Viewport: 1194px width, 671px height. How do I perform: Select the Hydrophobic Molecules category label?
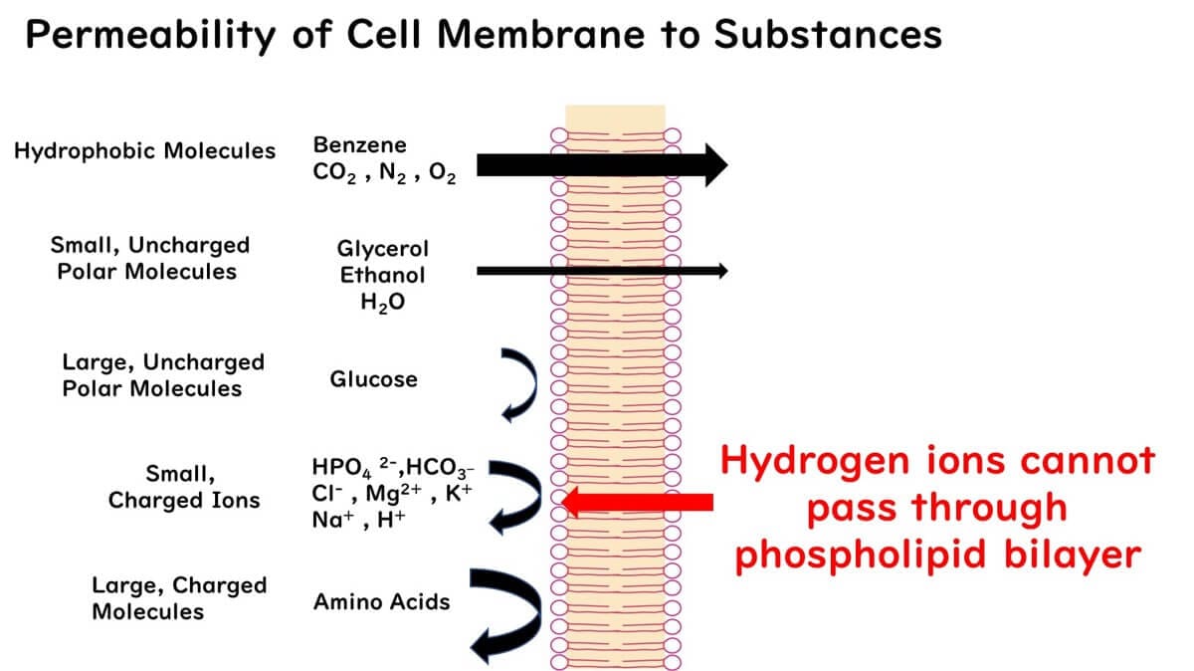coord(144,151)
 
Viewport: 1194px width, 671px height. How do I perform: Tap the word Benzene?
coord(359,145)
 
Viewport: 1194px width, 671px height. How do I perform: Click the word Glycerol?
coord(383,249)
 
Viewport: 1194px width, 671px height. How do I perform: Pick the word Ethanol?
coord(383,275)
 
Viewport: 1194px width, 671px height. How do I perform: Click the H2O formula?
coord(383,302)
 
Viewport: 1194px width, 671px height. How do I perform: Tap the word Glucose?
coord(373,379)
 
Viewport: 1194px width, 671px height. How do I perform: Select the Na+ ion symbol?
coord(332,520)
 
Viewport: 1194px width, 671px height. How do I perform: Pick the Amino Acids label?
coord(382,601)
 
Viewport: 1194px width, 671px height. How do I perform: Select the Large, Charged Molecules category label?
coord(178,597)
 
